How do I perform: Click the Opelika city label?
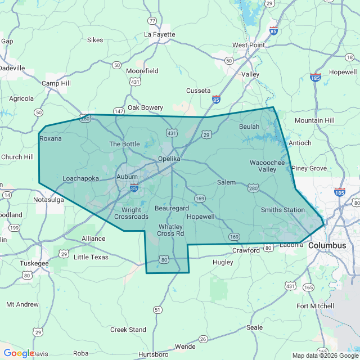point(169,159)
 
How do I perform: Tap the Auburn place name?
point(127,177)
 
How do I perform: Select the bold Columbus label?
point(327,246)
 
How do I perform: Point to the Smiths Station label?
point(282,210)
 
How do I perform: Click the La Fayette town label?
point(160,34)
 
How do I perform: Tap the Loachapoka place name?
point(80,178)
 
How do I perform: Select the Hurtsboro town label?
point(154,354)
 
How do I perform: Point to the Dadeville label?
point(12,68)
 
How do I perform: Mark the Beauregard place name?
point(172,208)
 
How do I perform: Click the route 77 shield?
point(152,21)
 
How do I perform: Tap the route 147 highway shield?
point(119,111)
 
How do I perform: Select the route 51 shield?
point(157,310)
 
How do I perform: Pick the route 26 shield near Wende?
point(203,339)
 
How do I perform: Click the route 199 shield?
point(15,228)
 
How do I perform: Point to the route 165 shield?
point(308,287)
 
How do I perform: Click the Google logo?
point(19,353)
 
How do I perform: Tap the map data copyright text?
point(325,355)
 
